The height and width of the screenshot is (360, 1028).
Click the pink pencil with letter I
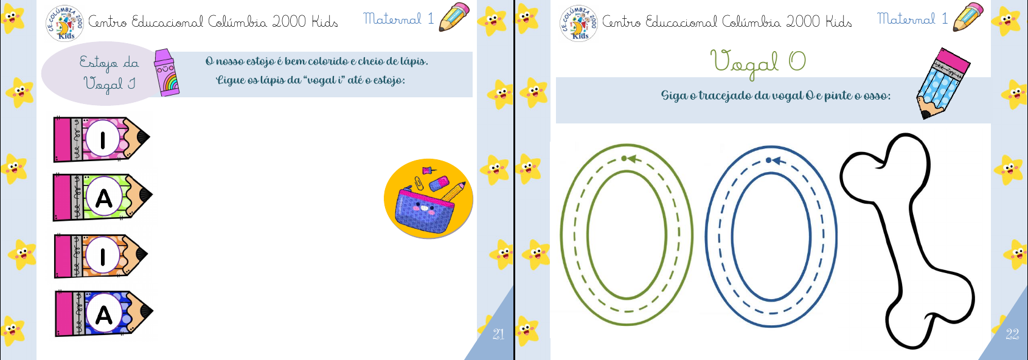pos(102,139)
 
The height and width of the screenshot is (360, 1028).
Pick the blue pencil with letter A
pos(103,314)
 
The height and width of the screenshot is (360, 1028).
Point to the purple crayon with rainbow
pos(165,74)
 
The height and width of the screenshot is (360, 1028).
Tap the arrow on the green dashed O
pos(631,159)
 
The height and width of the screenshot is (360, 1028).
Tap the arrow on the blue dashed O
pos(776,161)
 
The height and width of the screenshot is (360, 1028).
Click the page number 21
pos(498,334)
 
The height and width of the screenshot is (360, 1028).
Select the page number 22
pos(1012,334)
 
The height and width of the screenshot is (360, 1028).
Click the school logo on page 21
pos(64,23)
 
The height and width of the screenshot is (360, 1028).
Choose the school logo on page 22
pos(578,23)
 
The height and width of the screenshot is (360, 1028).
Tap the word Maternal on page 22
pos(906,19)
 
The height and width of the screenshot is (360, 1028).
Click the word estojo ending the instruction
pos(389,80)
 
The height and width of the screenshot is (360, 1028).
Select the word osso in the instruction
pos(875,95)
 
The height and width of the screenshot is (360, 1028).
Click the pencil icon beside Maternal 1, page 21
pos(454,17)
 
